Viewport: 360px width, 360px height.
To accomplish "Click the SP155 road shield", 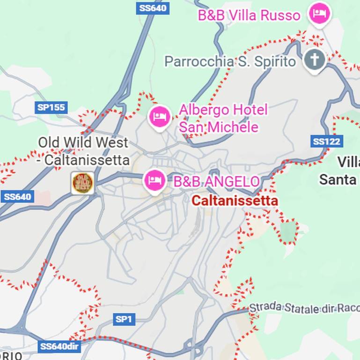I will [51, 107].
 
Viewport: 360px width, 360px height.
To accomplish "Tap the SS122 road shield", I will [327, 141].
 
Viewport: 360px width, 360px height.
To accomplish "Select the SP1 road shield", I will [124, 320].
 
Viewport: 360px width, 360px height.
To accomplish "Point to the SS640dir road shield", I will [59, 347].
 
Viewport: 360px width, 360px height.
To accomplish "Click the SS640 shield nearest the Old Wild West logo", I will [17, 196].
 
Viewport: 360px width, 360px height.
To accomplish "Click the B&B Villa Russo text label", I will [249, 15].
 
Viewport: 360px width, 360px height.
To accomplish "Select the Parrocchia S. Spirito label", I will [230, 61].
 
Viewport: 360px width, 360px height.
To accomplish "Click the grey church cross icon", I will [315, 60].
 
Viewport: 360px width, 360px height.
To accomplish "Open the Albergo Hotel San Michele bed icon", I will [159, 115].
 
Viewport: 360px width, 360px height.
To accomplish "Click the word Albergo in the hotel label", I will [204, 110].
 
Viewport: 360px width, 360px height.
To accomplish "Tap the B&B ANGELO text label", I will [216, 181].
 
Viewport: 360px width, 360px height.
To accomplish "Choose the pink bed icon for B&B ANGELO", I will [155, 180].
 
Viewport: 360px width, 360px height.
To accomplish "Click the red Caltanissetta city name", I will [235, 201].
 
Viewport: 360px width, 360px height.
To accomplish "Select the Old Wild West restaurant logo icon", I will [82, 183].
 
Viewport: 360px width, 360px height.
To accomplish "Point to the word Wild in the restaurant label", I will [83, 142].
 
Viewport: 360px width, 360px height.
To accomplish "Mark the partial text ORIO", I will [10, 355].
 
